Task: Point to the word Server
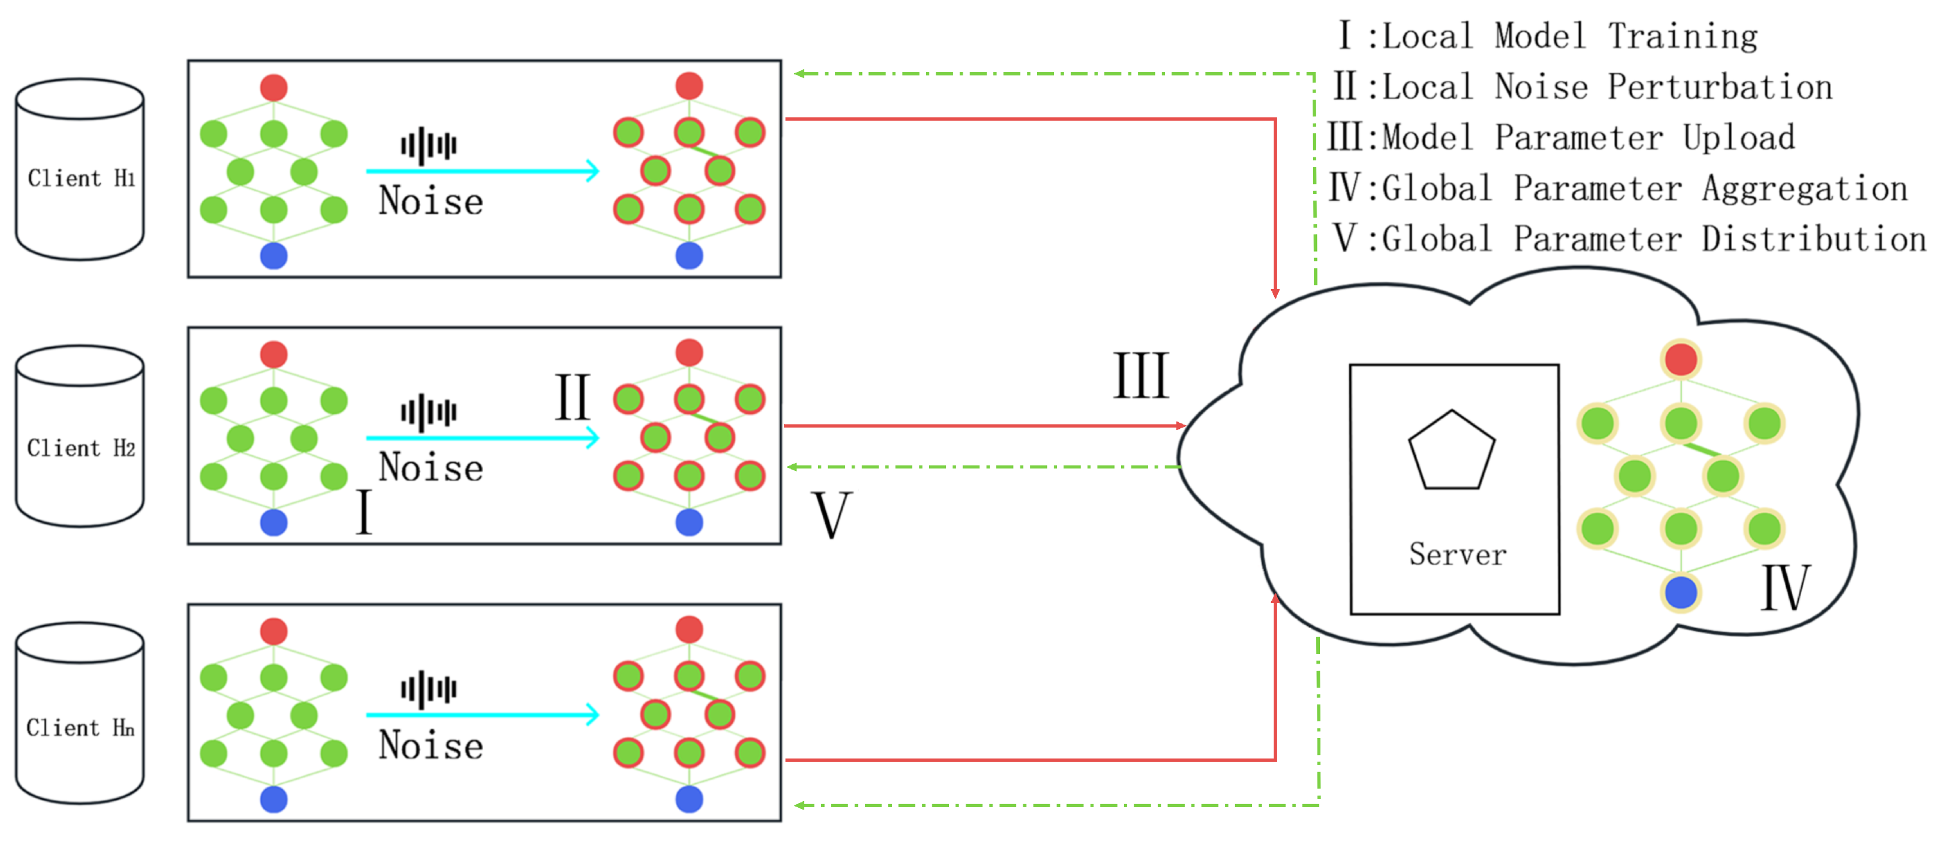1457,555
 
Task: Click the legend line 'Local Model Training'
1548,36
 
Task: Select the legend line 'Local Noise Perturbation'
1582,86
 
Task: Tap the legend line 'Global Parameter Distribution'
1628,239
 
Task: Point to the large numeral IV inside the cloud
1784,587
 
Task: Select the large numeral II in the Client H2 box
573,396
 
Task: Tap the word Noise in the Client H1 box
430,201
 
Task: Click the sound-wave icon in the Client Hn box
429,688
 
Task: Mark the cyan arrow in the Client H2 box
482,437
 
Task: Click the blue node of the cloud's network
1681,593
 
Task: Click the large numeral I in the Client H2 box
364,512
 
